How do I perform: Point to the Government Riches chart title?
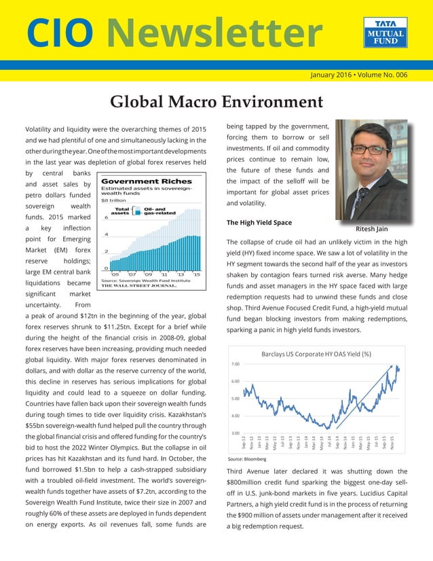coord(146,181)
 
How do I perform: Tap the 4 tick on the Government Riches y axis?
coord(105,235)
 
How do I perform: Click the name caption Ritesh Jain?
coord(371,229)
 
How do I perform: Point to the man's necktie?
coord(364,196)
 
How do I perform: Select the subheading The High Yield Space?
coord(259,222)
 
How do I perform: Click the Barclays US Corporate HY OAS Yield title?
coord(316,353)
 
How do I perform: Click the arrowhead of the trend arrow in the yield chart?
coord(392,367)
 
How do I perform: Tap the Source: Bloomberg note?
coord(246,459)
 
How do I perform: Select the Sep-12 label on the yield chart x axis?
coord(244,442)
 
